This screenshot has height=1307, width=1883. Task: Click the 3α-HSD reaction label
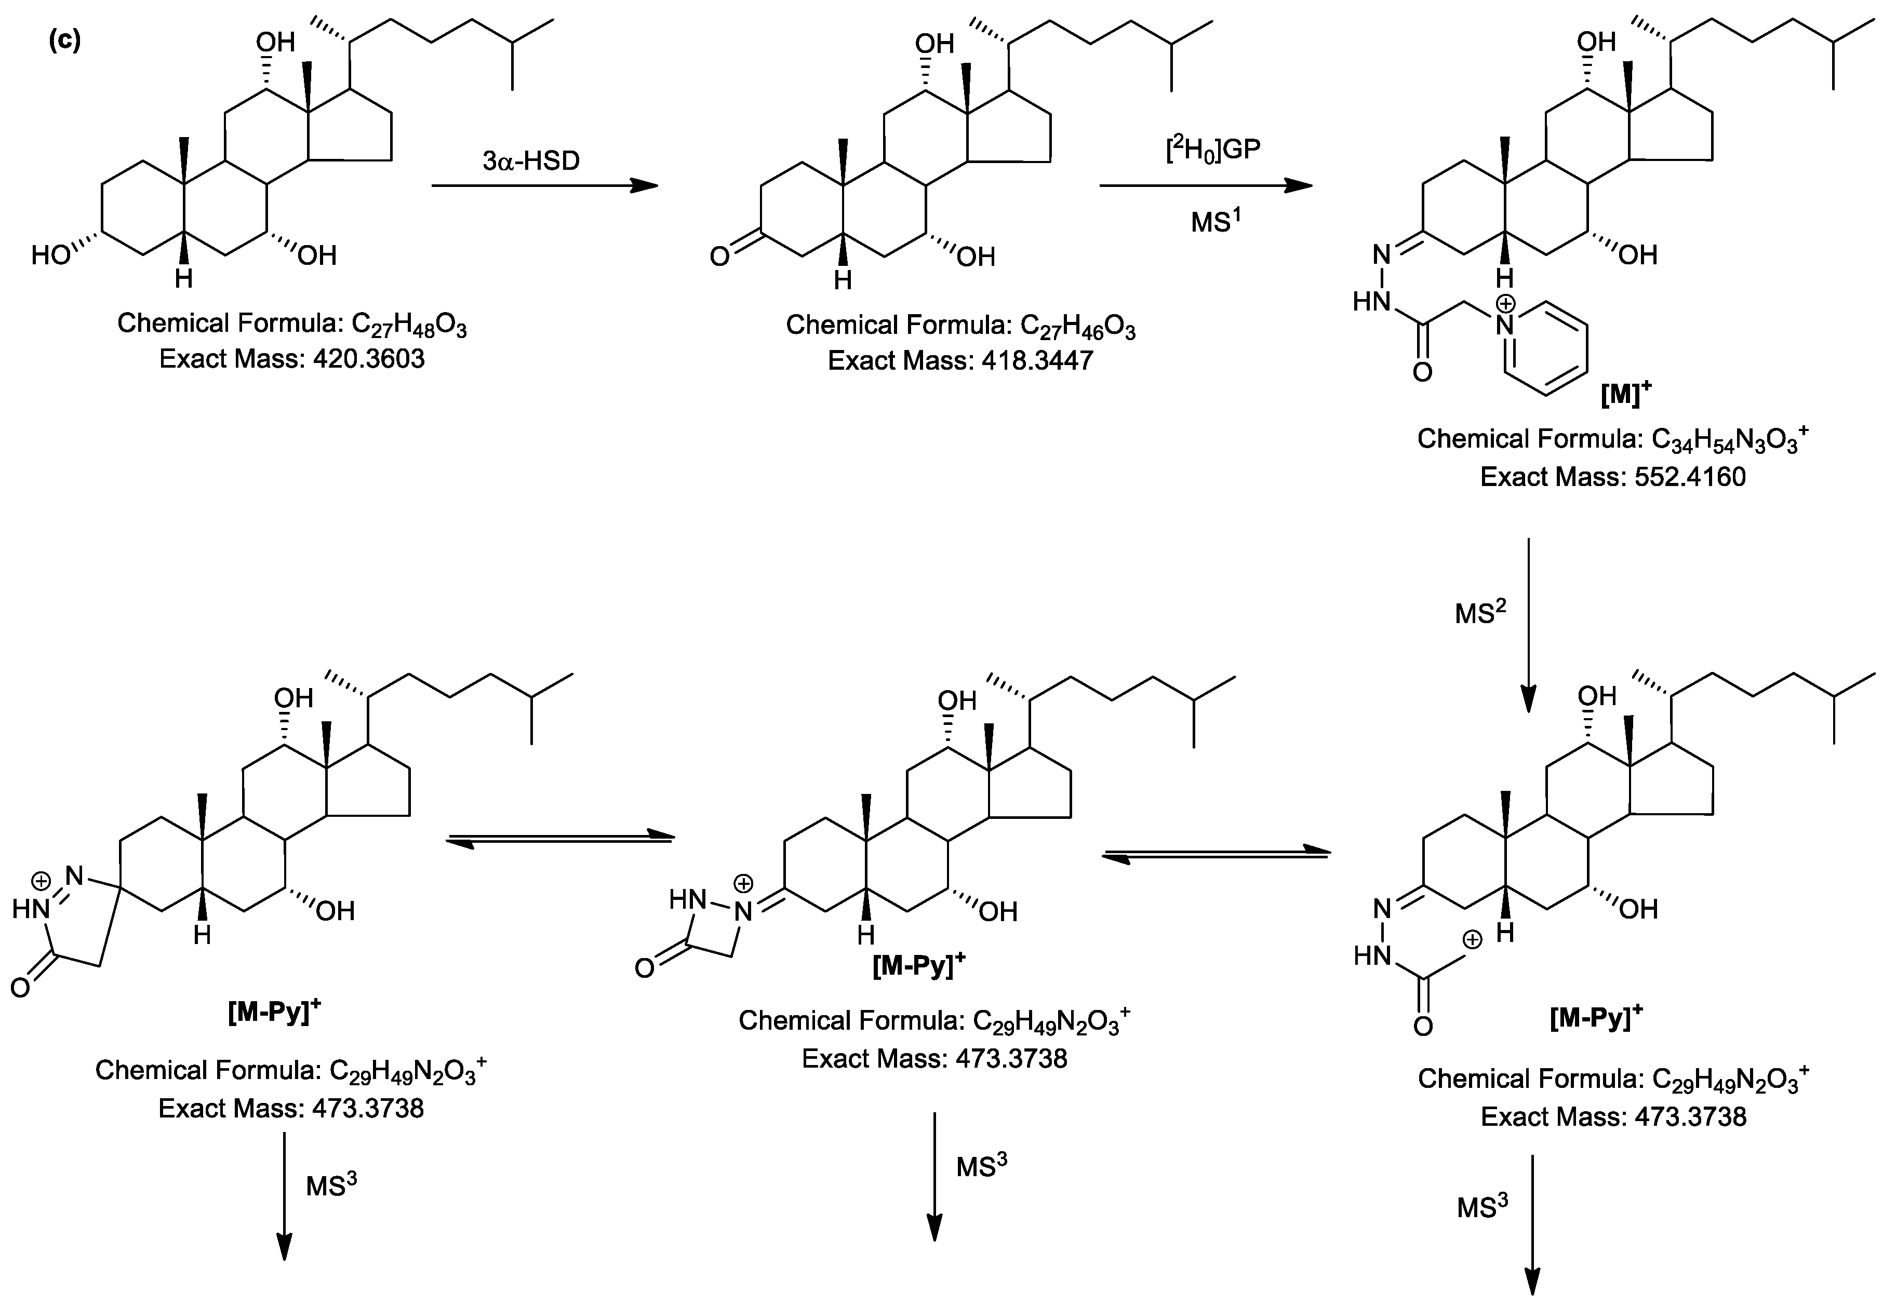[x=531, y=160]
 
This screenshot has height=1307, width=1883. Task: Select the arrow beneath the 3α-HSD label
[x=545, y=186]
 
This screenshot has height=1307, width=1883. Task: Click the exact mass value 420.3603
[x=369, y=359]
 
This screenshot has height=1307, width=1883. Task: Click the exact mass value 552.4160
[x=1690, y=477]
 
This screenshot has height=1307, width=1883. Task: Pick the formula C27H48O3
[x=409, y=325]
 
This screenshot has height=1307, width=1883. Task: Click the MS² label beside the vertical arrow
[x=1481, y=612]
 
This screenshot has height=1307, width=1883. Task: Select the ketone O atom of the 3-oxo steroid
[x=718, y=257]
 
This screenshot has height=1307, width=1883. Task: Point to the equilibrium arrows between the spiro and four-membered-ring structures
[x=559, y=839]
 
